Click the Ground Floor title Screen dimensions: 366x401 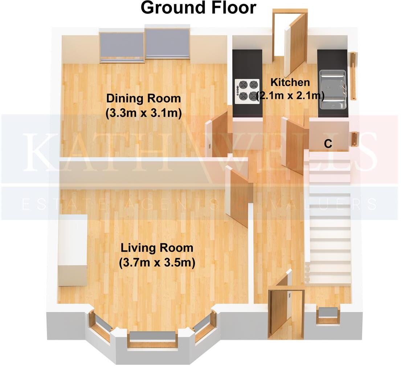198,8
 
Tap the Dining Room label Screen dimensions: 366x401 143,98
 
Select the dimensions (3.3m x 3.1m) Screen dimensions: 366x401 143,113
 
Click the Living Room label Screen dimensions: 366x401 157,248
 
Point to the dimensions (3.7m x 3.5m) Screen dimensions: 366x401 157,263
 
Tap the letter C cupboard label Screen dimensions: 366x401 328,144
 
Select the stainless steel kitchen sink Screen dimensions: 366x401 332,90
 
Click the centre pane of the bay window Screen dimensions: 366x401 153,337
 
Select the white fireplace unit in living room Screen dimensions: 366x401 73,251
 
